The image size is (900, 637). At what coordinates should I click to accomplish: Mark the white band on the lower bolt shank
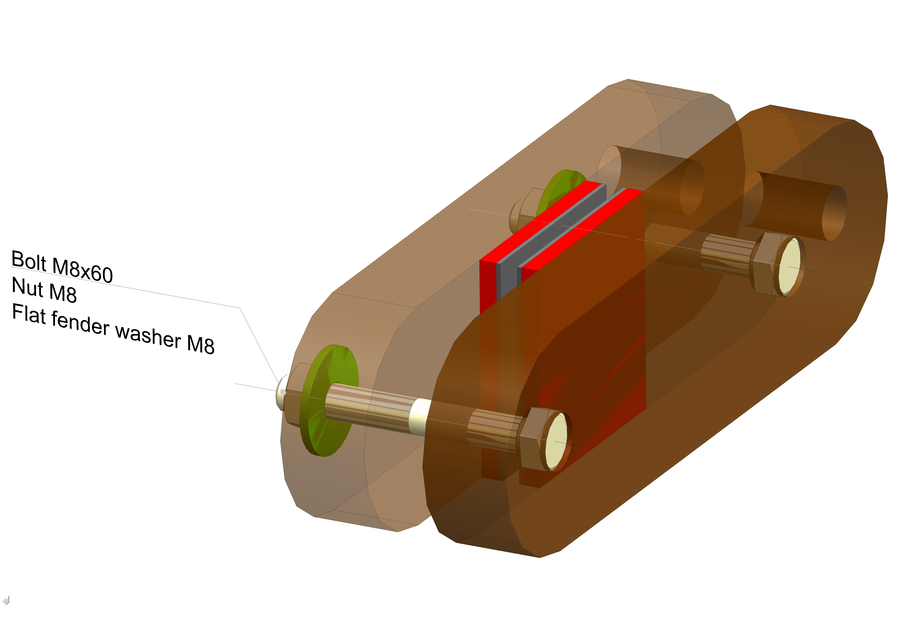pyautogui.click(x=419, y=416)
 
